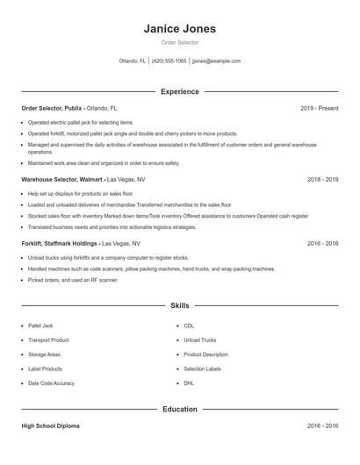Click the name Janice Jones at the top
[x=179, y=28]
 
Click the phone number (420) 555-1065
[x=169, y=61]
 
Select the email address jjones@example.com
[x=216, y=61]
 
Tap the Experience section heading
[x=179, y=91]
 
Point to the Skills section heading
[x=179, y=306]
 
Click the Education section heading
[x=179, y=409]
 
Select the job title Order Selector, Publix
[x=52, y=108]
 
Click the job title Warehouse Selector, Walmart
[x=62, y=179]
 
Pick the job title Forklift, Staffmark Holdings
[x=61, y=242]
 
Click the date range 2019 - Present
[x=319, y=108]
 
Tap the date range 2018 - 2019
[x=321, y=179]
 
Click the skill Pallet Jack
[x=40, y=325]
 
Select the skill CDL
[x=190, y=325]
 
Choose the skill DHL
[x=190, y=383]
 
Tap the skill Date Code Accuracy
[x=51, y=383]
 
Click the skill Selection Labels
[x=202, y=369]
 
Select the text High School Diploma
[x=50, y=426]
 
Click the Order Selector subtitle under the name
[x=179, y=42]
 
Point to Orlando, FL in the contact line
[x=133, y=61]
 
